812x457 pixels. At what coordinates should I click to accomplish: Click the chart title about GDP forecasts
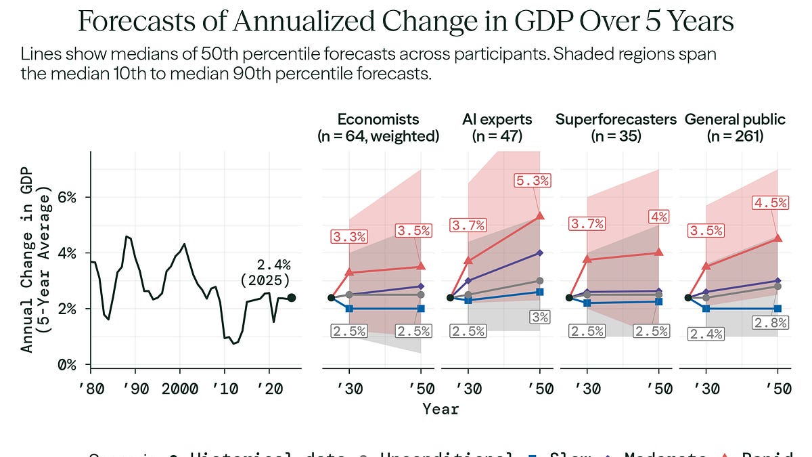tap(406, 22)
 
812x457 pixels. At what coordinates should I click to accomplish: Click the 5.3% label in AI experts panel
tap(533, 181)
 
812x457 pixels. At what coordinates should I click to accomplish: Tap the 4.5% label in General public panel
tap(769, 202)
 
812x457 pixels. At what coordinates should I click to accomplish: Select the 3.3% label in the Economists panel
tap(349, 237)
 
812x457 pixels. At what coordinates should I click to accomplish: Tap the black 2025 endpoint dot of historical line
tap(291, 297)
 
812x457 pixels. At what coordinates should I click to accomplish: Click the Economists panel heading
tap(378, 127)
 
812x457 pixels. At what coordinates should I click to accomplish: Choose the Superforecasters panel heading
tap(616, 127)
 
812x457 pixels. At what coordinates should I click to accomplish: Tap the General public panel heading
tap(735, 127)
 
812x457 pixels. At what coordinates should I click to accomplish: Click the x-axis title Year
tap(441, 409)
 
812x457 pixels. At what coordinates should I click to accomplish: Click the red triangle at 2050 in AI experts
tap(540, 216)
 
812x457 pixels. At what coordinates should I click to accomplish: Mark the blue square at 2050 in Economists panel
tap(421, 309)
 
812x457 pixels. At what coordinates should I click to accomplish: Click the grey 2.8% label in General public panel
tap(771, 323)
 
